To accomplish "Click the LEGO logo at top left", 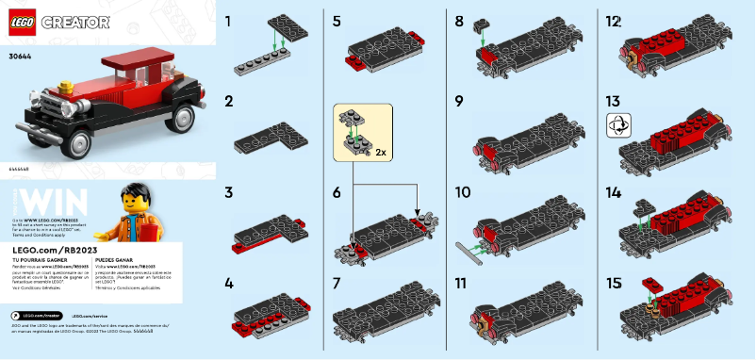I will click(x=21, y=20).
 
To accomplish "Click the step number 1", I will click(x=228, y=20).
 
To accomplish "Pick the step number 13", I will click(x=613, y=100).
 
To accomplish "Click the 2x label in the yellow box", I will click(x=380, y=151).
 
